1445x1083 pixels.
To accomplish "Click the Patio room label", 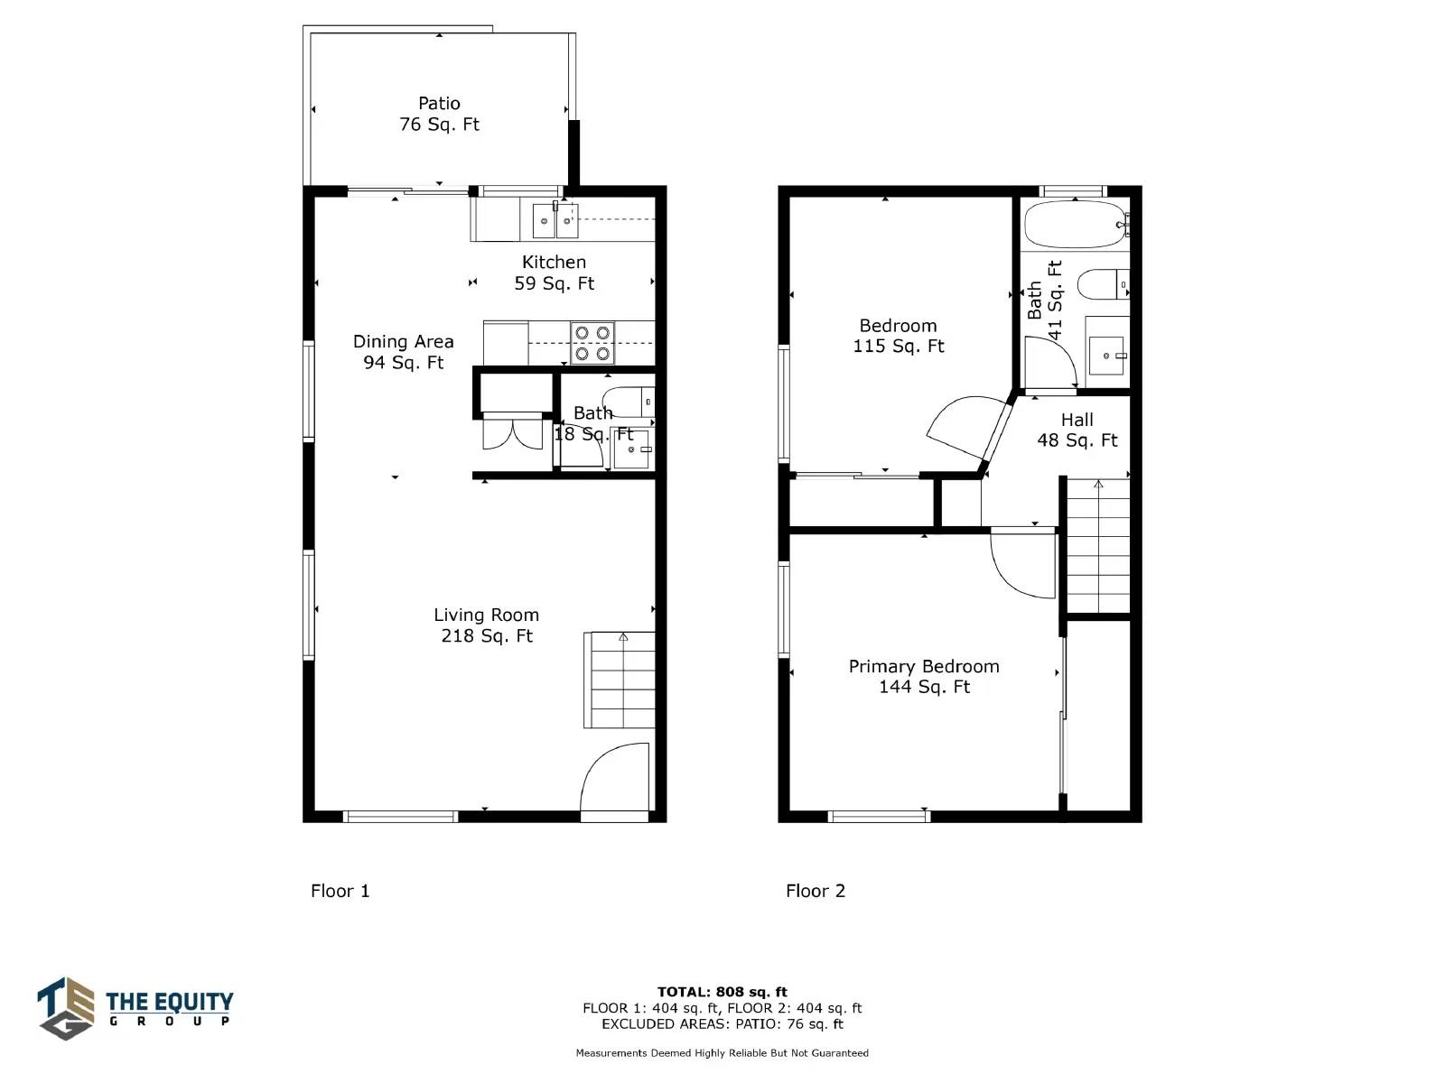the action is tap(439, 114).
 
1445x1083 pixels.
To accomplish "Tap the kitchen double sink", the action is tap(555, 220).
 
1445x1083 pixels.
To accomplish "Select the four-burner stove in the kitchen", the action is tap(592, 343).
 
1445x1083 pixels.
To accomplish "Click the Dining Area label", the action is tap(403, 352).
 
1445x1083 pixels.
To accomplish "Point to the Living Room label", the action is tap(487, 625).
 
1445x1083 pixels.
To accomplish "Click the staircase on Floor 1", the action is tap(620, 680).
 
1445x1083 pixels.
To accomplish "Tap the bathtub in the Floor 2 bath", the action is tap(1077, 224).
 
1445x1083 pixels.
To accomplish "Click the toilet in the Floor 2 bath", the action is tap(1104, 284).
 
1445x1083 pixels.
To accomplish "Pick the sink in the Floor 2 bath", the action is tap(1106, 355).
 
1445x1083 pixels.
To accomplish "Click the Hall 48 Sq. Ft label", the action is tap(1077, 430).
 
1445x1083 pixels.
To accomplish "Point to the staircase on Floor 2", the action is tap(1097, 546).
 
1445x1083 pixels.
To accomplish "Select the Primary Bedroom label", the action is tap(924, 676).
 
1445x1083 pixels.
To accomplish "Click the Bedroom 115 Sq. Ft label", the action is tap(898, 336).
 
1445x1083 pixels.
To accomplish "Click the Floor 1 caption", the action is tap(340, 891).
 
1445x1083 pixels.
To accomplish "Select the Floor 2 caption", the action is tap(815, 891).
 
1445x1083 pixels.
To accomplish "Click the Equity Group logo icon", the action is tap(66, 1008).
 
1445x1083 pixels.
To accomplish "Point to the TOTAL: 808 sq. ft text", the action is tap(722, 992).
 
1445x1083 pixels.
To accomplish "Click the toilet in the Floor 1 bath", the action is tap(629, 402).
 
